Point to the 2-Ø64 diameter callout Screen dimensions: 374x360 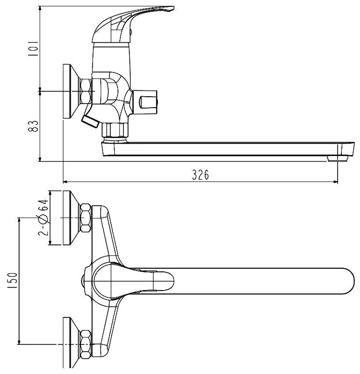[x=44, y=218]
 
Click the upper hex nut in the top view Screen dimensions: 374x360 [x=85, y=218]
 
